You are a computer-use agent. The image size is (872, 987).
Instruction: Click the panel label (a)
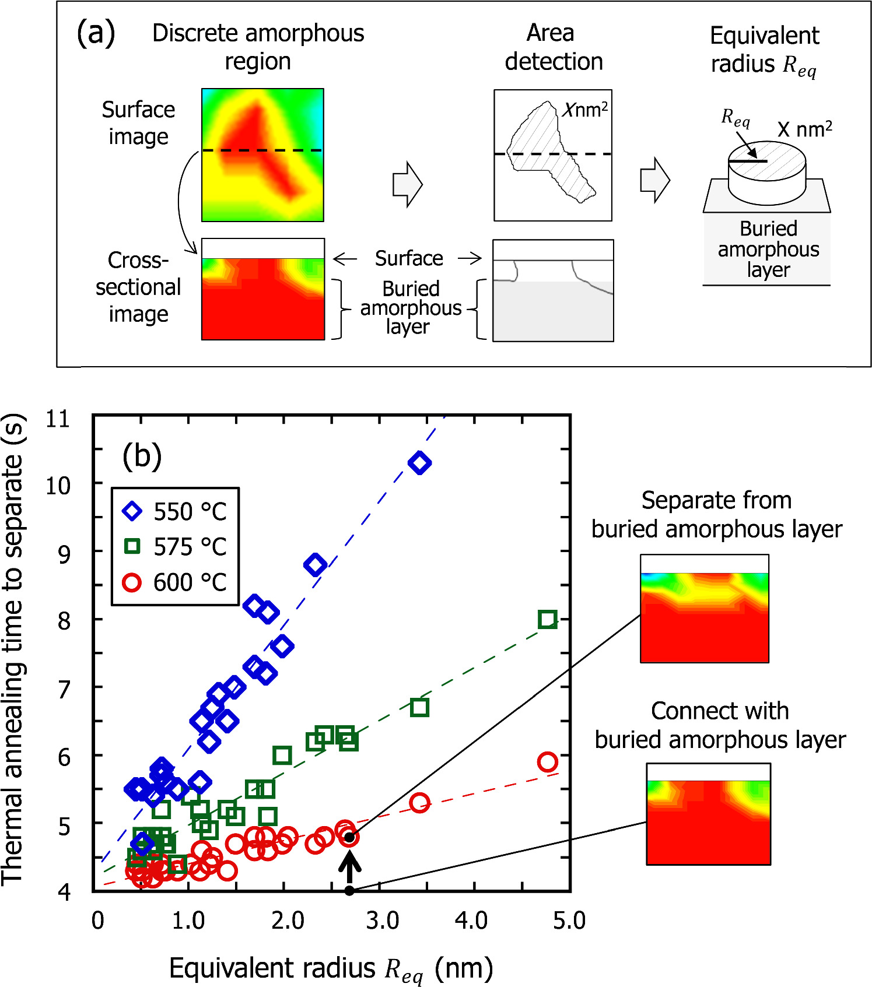coord(96,33)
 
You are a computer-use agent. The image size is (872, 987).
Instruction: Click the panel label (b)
coord(142,456)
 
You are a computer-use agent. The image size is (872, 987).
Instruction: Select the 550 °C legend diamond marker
coord(132,511)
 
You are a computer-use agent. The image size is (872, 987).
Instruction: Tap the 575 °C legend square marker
coord(132,546)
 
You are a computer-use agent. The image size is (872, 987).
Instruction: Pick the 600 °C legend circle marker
coord(132,582)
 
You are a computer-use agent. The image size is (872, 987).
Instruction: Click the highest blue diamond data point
coord(419,463)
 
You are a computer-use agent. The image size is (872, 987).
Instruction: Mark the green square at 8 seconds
coord(547,619)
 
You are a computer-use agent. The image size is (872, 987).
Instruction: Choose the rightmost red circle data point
coord(547,761)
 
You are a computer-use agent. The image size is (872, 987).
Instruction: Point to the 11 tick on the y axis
coord(58,419)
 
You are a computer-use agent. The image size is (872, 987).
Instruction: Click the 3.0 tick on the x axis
coord(382,921)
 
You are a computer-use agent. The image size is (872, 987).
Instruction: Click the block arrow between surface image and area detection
coord(407,184)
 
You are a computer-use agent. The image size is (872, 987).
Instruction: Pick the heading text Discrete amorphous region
coord(258,47)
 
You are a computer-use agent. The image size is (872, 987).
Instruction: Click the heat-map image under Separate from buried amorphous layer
coord(704,609)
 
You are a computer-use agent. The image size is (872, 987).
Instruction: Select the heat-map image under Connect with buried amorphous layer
coord(708,814)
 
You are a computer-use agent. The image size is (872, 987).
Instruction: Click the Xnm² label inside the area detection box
coord(586,109)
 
